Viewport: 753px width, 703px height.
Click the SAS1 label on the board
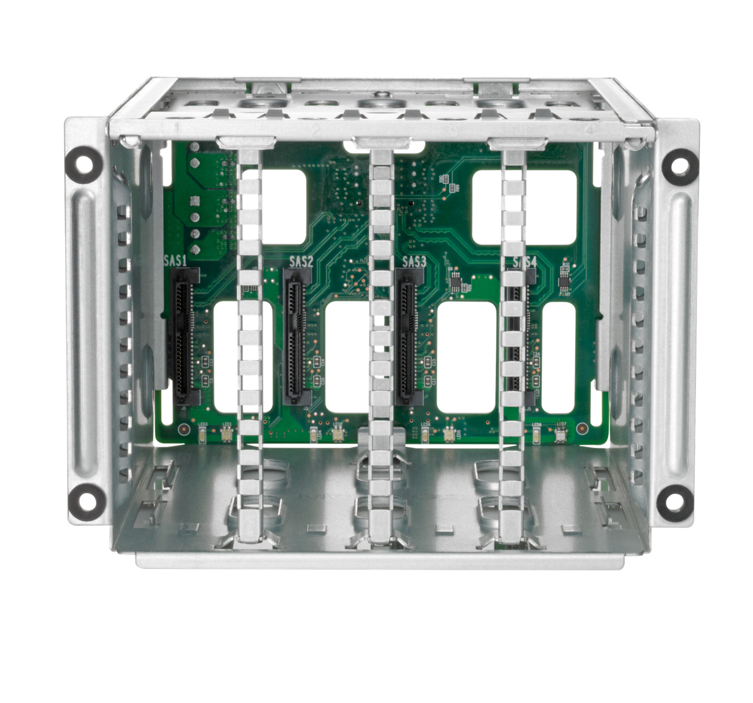tap(175, 261)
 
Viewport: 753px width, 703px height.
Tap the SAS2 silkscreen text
tap(301, 261)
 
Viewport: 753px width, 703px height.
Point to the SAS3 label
tap(414, 261)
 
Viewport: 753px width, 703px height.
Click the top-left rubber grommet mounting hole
tap(83, 164)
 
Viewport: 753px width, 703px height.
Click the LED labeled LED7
tap(561, 435)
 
